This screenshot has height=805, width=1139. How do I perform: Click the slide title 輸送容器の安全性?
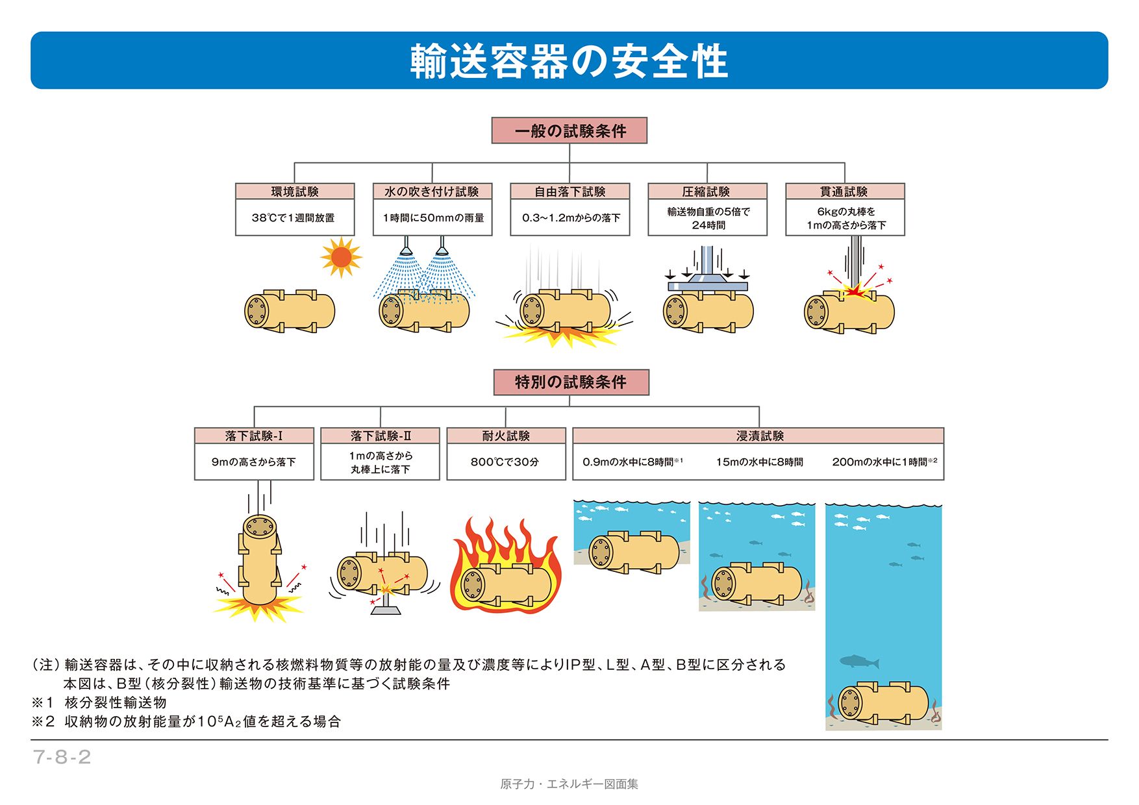pos(569,61)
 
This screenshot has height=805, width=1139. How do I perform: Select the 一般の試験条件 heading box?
pos(569,130)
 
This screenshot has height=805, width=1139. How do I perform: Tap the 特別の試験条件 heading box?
pos(571,382)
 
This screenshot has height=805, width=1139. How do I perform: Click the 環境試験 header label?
pos(295,192)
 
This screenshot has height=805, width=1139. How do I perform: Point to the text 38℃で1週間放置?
pos(294,218)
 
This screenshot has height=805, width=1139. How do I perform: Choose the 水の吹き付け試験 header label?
pos(432,192)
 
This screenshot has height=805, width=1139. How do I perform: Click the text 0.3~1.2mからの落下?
pos(571,218)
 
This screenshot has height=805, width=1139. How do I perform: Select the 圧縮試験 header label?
pos(707,192)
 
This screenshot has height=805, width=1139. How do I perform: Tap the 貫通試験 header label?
pos(844,192)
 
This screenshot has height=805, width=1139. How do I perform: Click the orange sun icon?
pos(341,257)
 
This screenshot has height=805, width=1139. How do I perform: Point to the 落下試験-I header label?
pos(254,436)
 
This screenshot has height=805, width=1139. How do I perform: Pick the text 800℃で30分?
pos(505,462)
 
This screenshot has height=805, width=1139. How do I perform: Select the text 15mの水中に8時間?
pos(760,462)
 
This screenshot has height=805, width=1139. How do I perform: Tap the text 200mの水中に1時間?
pos(880,462)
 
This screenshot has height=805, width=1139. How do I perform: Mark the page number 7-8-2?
pos(62,757)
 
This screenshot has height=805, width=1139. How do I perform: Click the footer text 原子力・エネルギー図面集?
pos(569,784)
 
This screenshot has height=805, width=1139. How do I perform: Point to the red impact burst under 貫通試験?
pos(855,290)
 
